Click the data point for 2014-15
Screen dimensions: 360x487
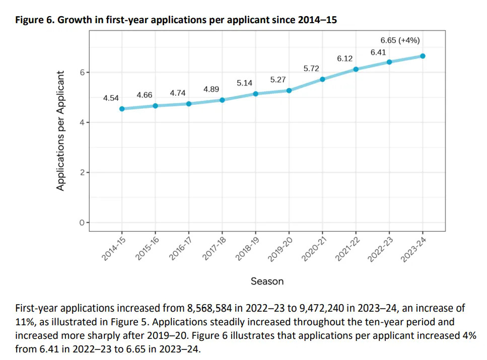point(122,109)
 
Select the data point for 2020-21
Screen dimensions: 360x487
point(322,79)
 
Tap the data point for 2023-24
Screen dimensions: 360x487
point(423,56)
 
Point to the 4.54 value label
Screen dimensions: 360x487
point(111,98)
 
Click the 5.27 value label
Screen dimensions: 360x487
point(278,80)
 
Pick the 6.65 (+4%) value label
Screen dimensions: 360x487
point(400,40)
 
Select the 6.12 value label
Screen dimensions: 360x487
point(344,58)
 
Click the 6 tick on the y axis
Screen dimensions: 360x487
point(81,73)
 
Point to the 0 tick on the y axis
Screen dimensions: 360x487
point(81,223)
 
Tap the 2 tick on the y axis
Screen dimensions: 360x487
point(81,173)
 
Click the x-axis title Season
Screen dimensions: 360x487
point(267,281)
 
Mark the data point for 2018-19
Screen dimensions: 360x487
point(255,94)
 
